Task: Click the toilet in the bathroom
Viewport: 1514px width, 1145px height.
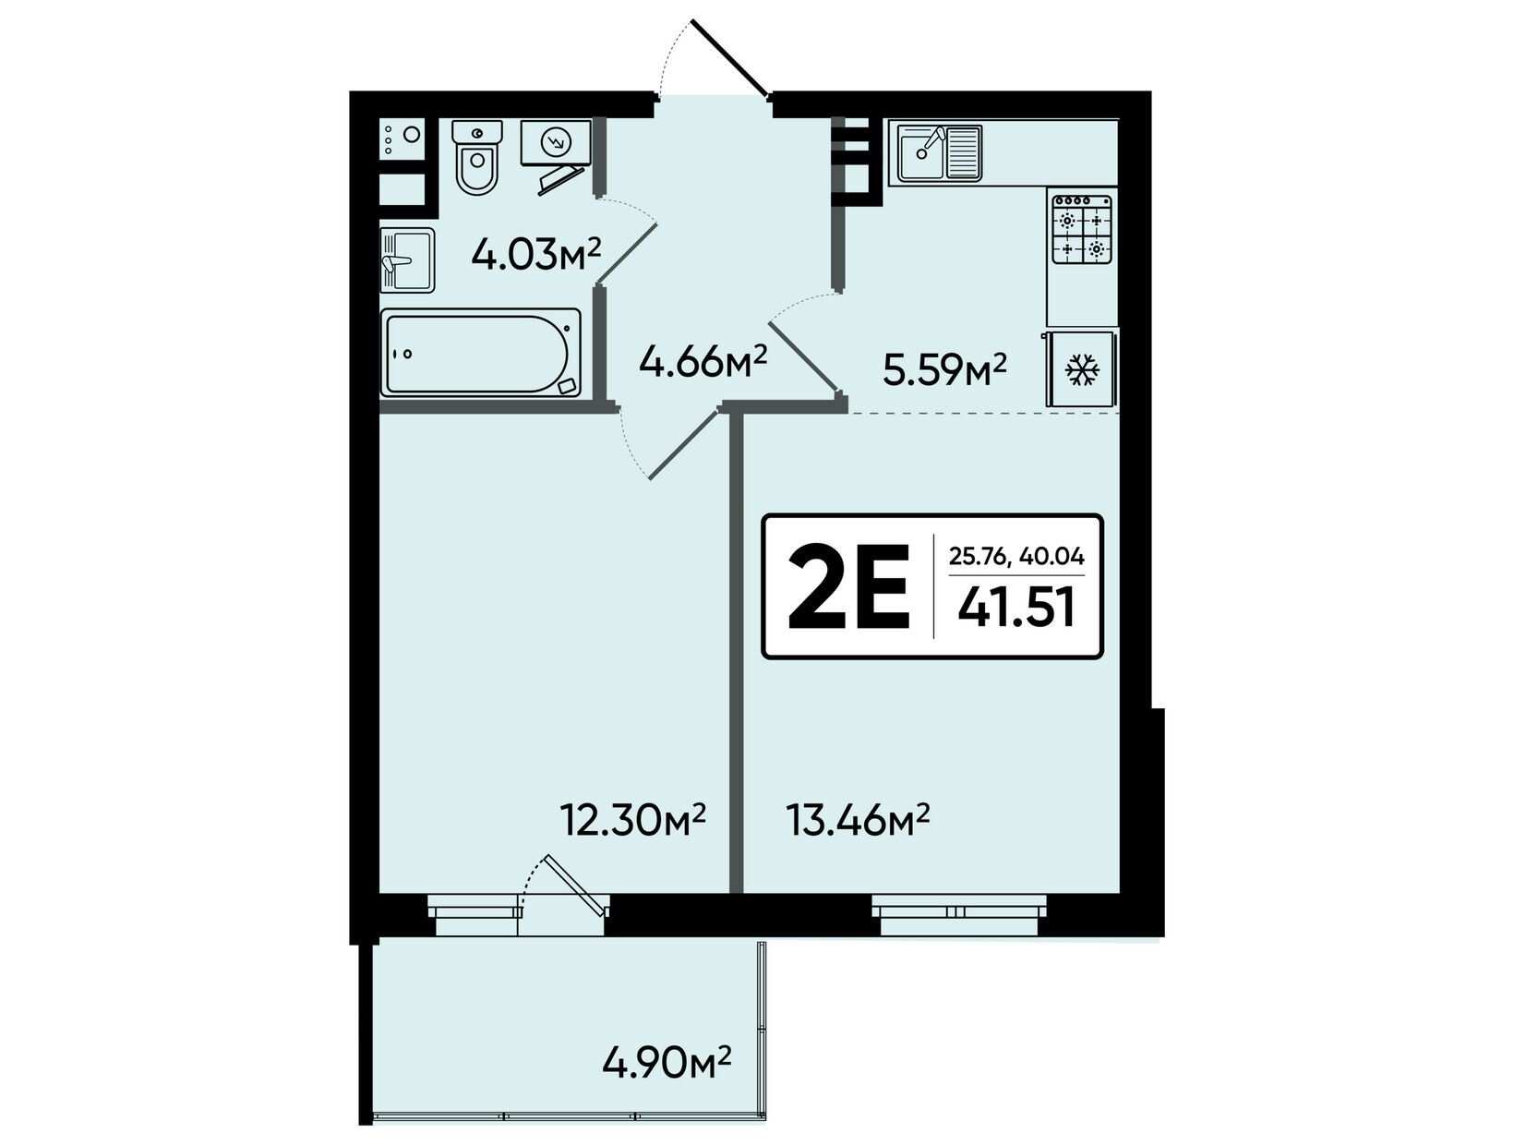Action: coord(476,156)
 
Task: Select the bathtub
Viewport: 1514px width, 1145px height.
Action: coord(481,353)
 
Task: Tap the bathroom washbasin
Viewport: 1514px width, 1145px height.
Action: coord(407,260)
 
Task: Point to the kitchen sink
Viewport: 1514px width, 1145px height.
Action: coord(940,154)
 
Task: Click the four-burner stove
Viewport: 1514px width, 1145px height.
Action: coord(1082,228)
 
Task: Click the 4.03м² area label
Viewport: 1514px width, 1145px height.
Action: coord(536,255)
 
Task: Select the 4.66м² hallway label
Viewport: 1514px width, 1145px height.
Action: coord(703,361)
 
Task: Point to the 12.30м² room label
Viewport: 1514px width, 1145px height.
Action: coord(632,819)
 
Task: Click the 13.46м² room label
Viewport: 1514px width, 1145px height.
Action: coord(858,819)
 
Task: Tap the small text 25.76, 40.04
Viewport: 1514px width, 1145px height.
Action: coord(1016,555)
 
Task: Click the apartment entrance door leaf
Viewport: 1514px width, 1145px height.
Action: coord(729,56)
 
